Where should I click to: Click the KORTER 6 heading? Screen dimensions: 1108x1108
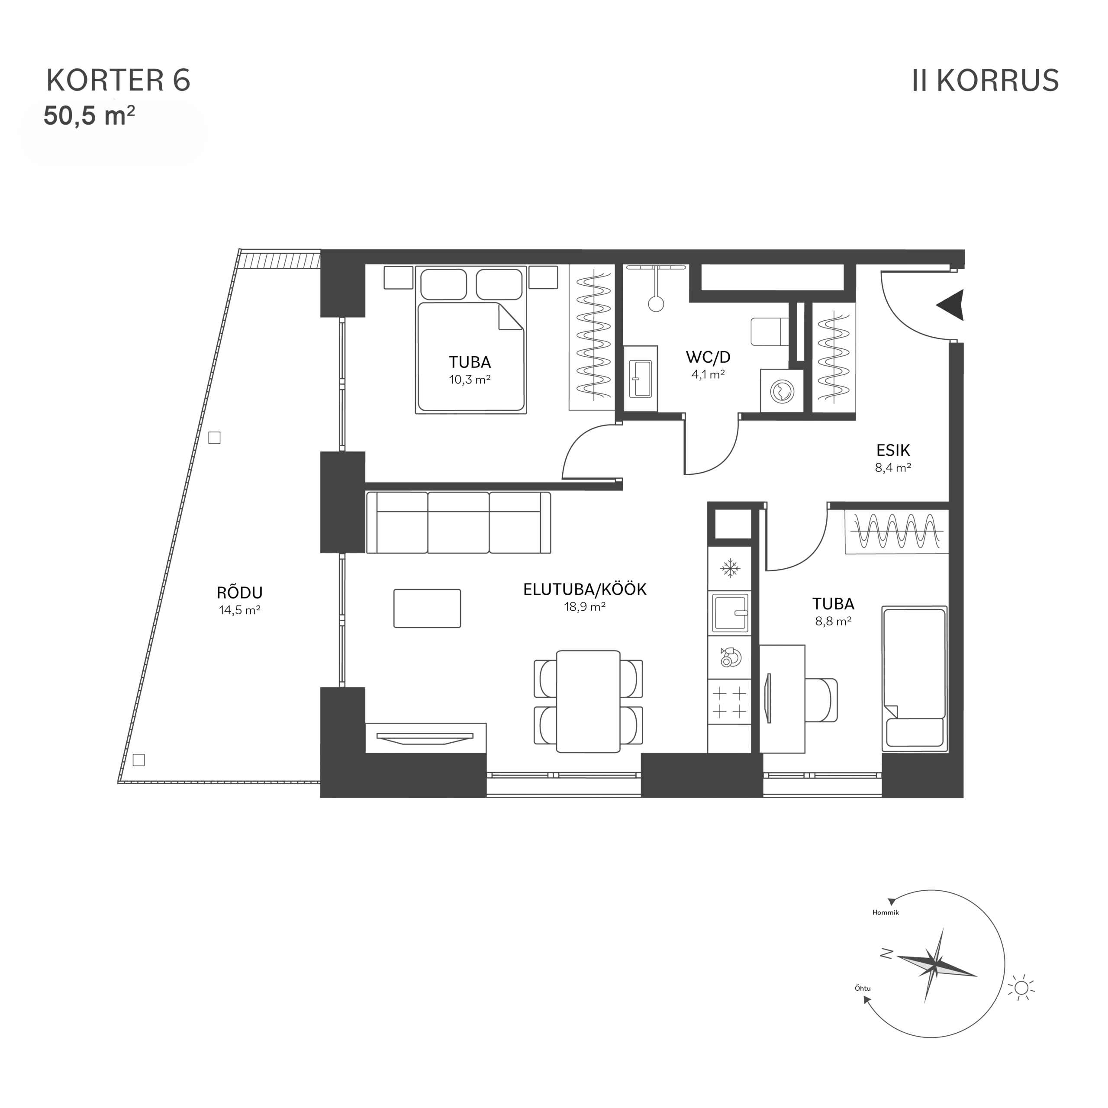pyautogui.click(x=118, y=81)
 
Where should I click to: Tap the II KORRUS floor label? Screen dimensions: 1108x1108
pyautogui.click(x=985, y=81)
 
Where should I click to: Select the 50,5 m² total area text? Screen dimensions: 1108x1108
pyautogui.click(x=90, y=116)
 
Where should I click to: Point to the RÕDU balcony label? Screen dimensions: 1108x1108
pyautogui.click(x=240, y=593)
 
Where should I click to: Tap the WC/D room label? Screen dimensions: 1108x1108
pyautogui.click(x=708, y=358)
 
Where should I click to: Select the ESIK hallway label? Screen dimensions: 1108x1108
pyautogui.click(x=893, y=450)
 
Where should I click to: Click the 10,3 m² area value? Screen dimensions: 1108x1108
pyautogui.click(x=470, y=379)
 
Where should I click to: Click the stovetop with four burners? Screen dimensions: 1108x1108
pyautogui.click(x=729, y=702)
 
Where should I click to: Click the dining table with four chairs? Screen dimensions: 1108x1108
pyautogui.click(x=589, y=702)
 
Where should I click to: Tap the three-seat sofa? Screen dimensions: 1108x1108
pyautogui.click(x=458, y=522)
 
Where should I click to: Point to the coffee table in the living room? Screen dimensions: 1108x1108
pyautogui.click(x=427, y=609)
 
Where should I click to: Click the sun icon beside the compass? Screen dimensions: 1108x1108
pyautogui.click(x=1021, y=988)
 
